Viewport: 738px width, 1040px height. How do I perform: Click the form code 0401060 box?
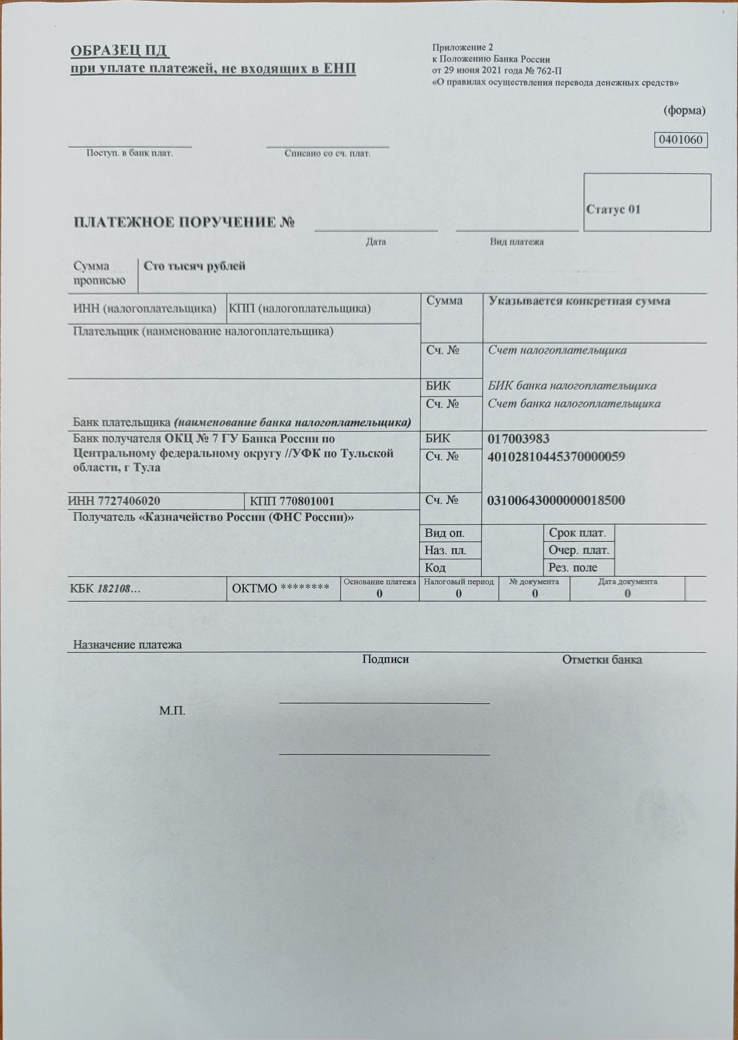(x=680, y=140)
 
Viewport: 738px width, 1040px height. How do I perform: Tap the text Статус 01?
(x=613, y=210)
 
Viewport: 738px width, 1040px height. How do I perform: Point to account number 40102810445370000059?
(x=556, y=456)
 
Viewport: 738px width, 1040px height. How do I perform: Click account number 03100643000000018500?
(x=556, y=501)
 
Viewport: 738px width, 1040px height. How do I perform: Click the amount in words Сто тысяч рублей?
(x=194, y=266)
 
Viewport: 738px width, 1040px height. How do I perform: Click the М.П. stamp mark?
(x=172, y=711)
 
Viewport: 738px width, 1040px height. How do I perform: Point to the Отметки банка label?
(x=602, y=660)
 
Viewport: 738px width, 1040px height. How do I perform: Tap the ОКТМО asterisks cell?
(x=280, y=588)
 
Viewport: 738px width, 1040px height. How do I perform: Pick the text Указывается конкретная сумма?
(x=579, y=301)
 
